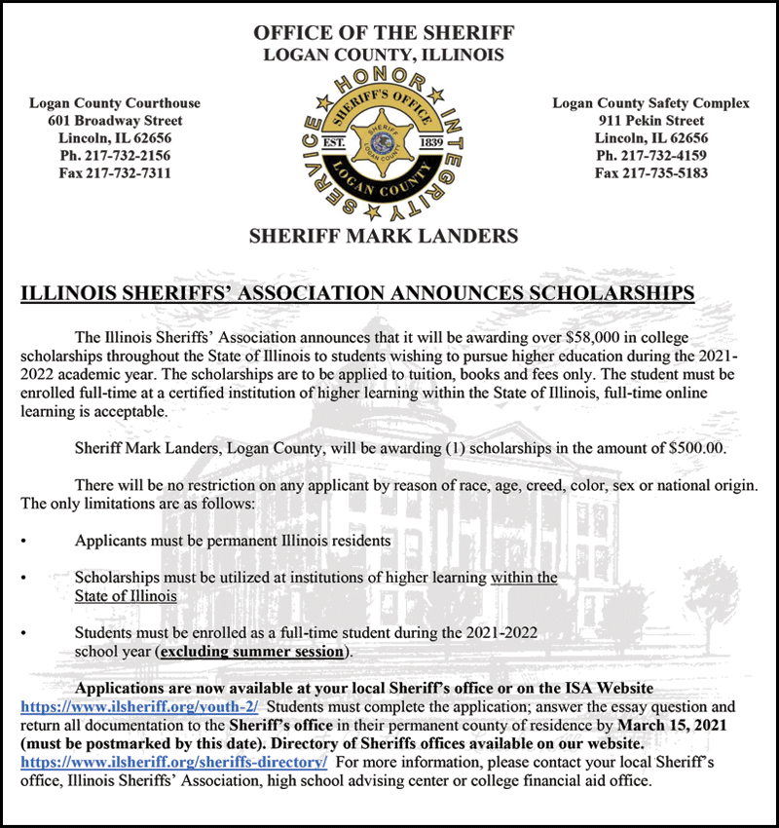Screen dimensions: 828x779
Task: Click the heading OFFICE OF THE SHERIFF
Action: [384, 32]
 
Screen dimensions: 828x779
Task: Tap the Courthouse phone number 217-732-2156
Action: [115, 156]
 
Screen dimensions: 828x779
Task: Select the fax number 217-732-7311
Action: [115, 173]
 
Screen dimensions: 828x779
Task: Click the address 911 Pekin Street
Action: [651, 121]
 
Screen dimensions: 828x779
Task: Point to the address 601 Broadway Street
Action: [115, 121]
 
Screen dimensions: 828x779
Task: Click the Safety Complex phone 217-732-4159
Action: [651, 156]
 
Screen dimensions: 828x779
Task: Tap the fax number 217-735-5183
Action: [651, 173]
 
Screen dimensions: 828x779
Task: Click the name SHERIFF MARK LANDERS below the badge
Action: [384, 236]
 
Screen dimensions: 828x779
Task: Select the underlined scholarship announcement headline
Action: [357, 292]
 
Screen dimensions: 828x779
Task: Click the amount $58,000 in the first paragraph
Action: [596, 337]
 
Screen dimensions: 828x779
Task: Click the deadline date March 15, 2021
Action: [677, 725]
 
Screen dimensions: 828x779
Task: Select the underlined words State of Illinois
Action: [126, 596]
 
